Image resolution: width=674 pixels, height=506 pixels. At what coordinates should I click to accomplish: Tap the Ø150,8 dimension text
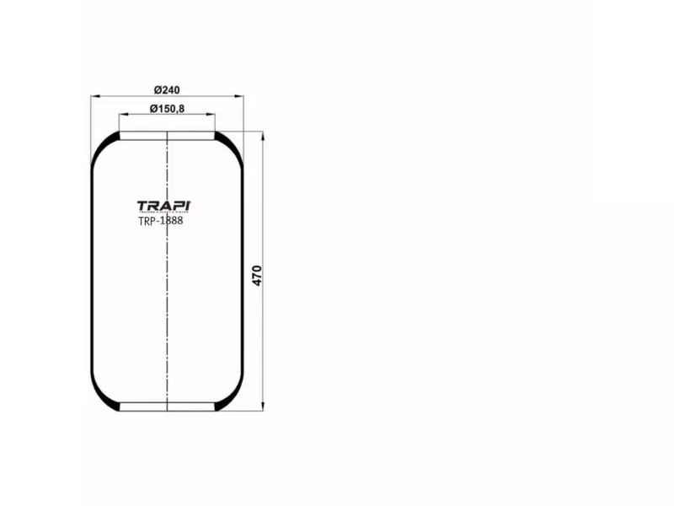coord(168,108)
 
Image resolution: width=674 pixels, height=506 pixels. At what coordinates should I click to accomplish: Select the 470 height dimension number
coord(257,275)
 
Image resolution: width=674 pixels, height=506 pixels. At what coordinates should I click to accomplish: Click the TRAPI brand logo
coord(164,206)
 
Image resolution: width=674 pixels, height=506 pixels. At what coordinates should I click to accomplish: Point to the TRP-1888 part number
coord(160,221)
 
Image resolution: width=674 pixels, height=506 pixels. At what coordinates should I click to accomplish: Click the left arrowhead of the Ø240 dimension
coord(94,97)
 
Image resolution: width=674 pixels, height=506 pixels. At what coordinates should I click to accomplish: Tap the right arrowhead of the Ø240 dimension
coord(240,97)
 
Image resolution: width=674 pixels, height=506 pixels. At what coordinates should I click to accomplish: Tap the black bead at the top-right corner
coord(229,141)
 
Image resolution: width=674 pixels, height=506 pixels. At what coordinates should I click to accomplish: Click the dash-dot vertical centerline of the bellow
coord(168,320)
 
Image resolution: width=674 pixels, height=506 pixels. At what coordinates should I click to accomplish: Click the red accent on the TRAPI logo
coord(190,202)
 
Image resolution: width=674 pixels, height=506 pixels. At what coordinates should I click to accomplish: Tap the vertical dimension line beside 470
coord(264,337)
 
